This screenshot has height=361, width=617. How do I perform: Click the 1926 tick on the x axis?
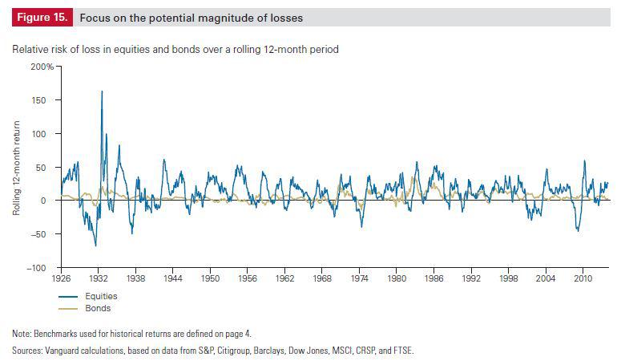pos(61,279)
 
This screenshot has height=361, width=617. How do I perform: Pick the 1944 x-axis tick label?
pos(172,279)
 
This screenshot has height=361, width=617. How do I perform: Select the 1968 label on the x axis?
pos(322,279)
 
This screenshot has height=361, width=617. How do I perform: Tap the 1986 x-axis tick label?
pos(434,279)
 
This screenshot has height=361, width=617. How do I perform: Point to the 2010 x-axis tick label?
pos(583,279)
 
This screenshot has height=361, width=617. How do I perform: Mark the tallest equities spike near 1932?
pos(102,91)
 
